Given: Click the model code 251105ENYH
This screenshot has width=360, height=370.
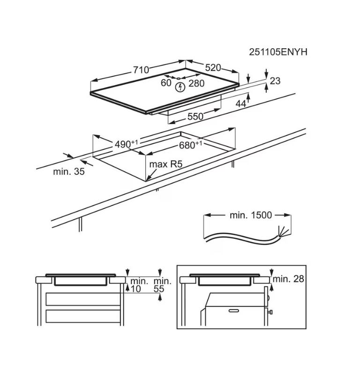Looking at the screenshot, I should pos(278,52).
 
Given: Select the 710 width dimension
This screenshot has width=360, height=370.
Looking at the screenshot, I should pos(141,70).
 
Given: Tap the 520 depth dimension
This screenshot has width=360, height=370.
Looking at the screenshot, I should pos(212,67).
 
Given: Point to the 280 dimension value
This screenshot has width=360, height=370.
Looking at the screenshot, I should pos(196,83).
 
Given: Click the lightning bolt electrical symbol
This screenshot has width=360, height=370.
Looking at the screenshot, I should pos(179,87).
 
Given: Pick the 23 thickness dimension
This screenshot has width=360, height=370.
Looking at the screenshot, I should pos(275,81).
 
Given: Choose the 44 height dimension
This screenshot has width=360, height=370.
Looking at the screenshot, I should pos(240,104).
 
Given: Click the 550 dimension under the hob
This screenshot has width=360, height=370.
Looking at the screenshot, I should pos(195,117).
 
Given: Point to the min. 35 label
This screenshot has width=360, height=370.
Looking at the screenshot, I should pos(69,172).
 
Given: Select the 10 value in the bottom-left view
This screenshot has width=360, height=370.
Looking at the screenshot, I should pos(135,289).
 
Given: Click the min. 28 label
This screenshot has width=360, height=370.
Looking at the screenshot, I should pos(289,279).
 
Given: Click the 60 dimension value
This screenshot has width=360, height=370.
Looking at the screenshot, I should pos(166,83).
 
